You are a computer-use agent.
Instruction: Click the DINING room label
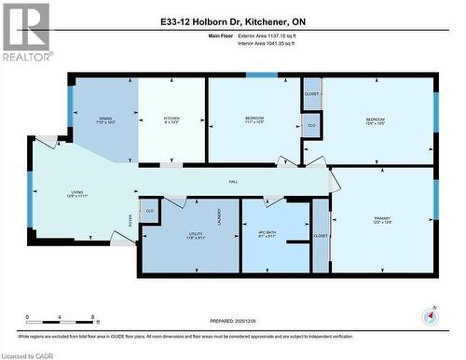tap(105, 119)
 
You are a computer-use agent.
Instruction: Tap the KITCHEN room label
tap(171, 119)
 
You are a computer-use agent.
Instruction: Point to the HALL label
tap(233, 182)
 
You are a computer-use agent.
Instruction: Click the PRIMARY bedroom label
tap(356, 219)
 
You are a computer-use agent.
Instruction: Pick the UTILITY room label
tap(169, 236)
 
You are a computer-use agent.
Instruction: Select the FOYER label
tap(131, 221)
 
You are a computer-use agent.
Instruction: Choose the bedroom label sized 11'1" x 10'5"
tap(254, 120)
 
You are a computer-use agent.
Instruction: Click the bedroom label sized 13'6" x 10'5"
tap(375, 120)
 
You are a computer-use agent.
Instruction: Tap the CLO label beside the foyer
tap(149, 212)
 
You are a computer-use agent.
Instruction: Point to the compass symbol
tap(428, 314)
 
